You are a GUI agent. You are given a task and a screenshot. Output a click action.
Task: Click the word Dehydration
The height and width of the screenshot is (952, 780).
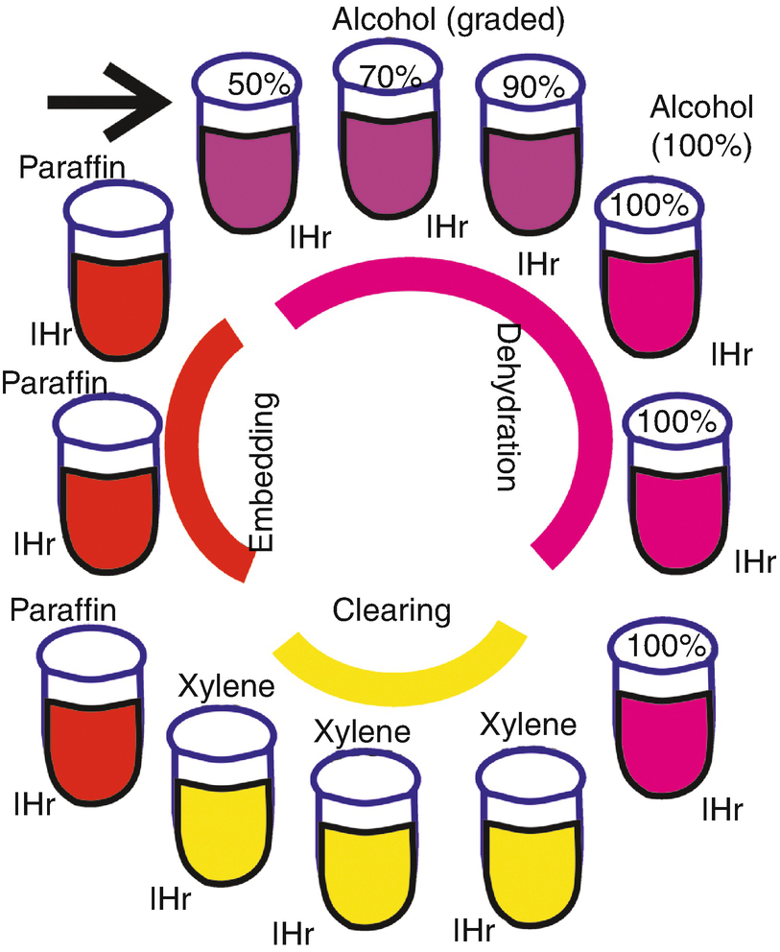tap(508, 407)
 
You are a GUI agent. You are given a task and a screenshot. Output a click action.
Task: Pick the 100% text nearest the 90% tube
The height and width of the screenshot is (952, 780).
tap(636, 204)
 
